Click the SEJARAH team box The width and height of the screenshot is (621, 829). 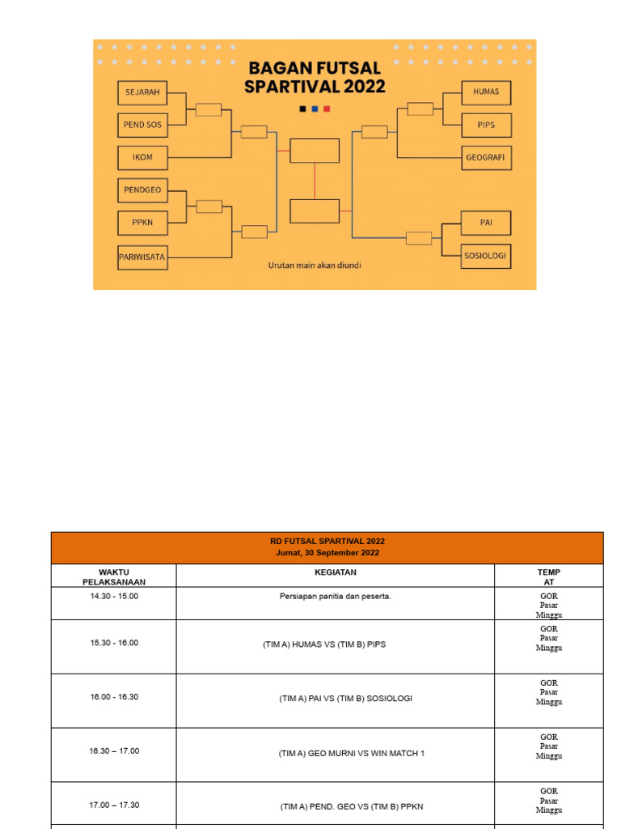142,92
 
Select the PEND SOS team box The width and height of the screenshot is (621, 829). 142,125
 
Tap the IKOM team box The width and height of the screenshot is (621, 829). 142,158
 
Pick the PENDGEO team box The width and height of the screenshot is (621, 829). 142,189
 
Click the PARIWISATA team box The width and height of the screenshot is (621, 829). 142,257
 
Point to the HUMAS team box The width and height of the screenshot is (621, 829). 486,92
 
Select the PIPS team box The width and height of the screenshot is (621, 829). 486,125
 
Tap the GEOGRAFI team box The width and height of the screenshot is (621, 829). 486,158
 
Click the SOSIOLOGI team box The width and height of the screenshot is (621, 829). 486,256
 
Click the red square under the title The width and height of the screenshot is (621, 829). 327,108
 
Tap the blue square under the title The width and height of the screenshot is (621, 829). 315,108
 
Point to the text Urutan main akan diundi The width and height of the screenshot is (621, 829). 315,265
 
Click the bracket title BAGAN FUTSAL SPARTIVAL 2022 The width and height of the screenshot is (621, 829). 315,77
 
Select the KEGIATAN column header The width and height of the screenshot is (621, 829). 335,572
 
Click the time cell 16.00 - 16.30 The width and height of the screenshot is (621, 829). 114,697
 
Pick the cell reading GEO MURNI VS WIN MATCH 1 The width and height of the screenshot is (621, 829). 351,754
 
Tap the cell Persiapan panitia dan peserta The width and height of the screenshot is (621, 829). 335,597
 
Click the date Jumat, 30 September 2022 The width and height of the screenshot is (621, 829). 327,553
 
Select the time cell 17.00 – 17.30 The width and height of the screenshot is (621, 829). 114,806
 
